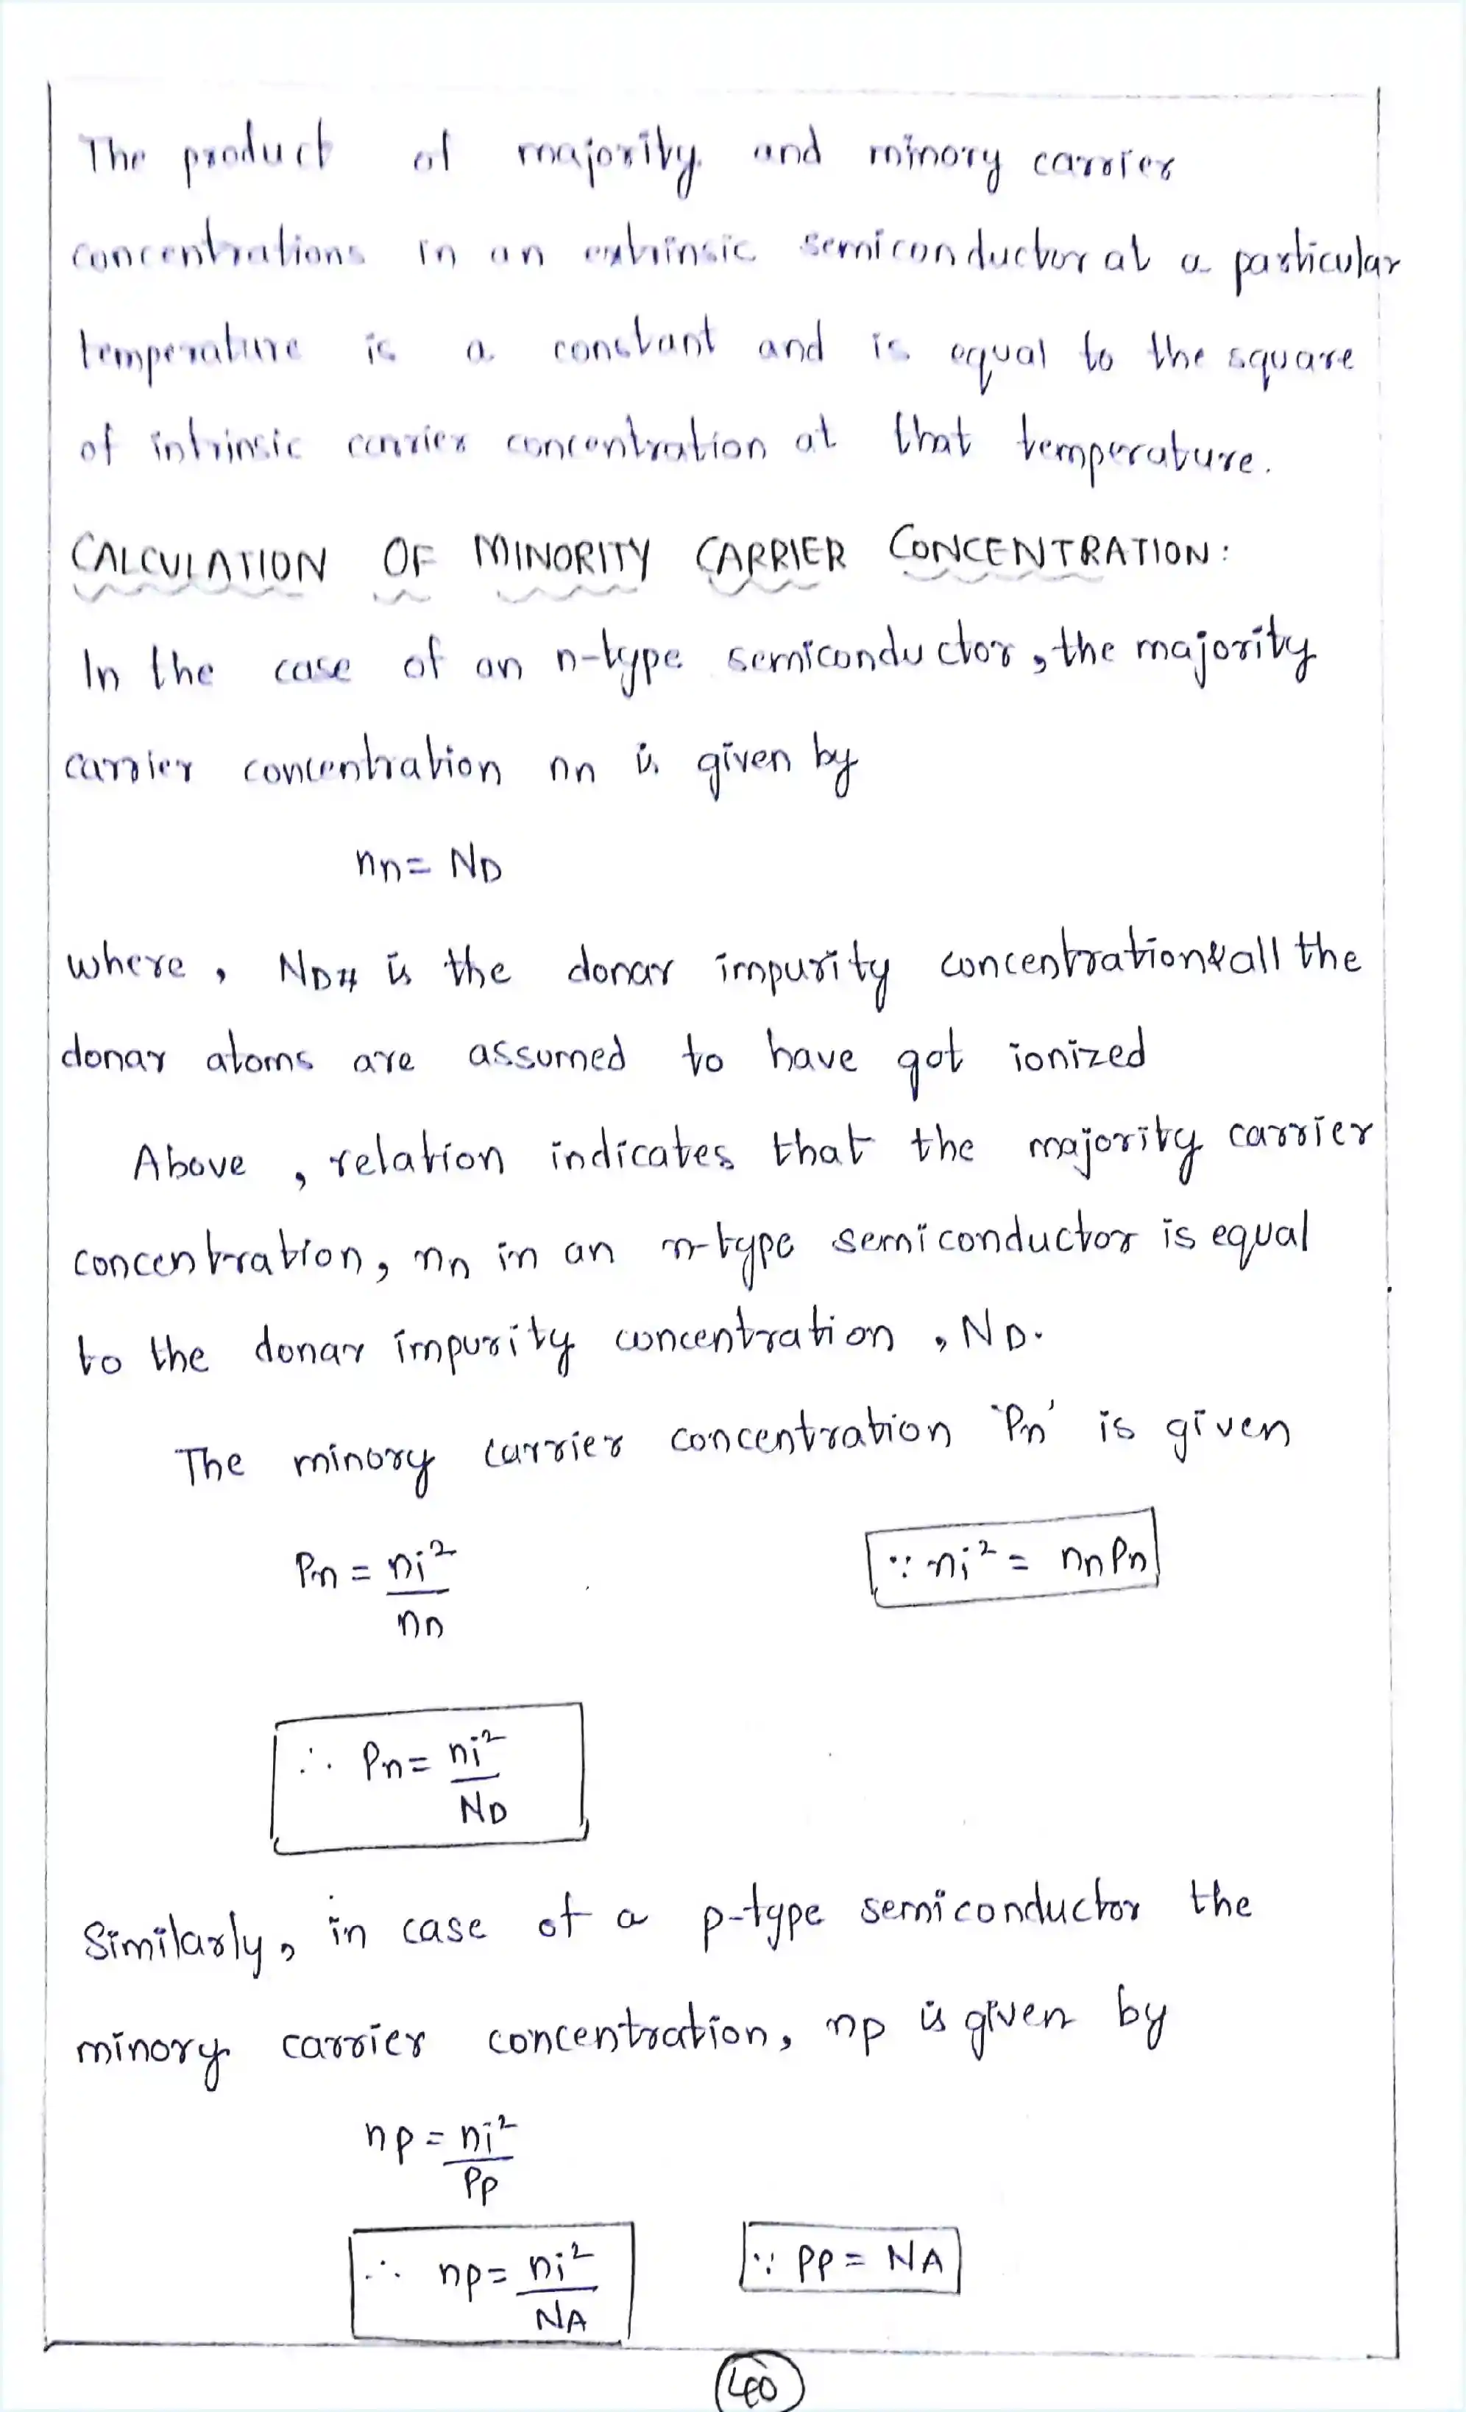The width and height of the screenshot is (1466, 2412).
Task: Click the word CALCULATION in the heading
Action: coord(199,560)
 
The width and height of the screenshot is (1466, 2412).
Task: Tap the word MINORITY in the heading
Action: coord(561,556)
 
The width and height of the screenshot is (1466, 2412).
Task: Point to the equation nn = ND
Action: coord(428,864)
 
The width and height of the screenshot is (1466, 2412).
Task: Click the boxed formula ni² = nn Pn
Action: coord(1012,1557)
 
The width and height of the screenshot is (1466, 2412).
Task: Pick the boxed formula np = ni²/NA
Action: coord(489,2282)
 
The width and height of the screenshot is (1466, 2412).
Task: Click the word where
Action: coord(125,965)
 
